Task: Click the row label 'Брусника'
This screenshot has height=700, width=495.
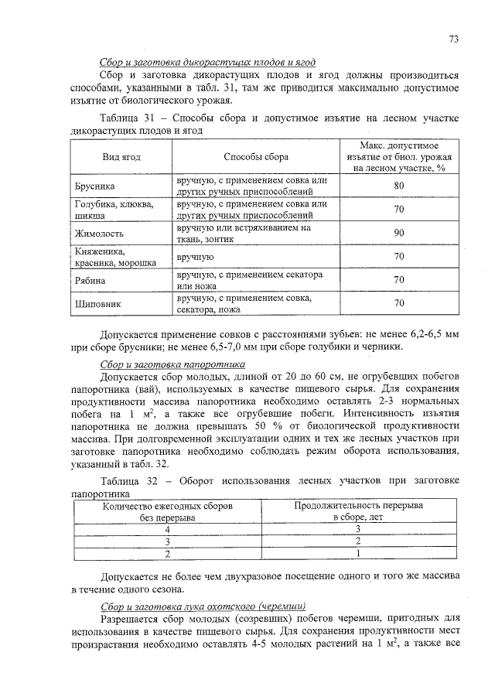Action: click(95, 186)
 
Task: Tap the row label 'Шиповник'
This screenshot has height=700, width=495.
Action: click(97, 304)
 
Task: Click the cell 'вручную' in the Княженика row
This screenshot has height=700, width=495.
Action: click(195, 256)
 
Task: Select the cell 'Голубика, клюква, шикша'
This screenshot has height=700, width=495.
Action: click(113, 210)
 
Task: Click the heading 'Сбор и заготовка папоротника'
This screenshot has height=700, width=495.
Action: click(172, 364)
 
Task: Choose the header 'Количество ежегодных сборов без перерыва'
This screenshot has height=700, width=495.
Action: click(167, 511)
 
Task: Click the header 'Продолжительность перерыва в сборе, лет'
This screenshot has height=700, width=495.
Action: click(357, 511)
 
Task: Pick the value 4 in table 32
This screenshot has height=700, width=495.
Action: click(167, 529)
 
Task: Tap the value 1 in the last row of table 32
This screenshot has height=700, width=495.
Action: click(357, 554)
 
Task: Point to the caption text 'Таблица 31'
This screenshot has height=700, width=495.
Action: click(128, 118)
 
